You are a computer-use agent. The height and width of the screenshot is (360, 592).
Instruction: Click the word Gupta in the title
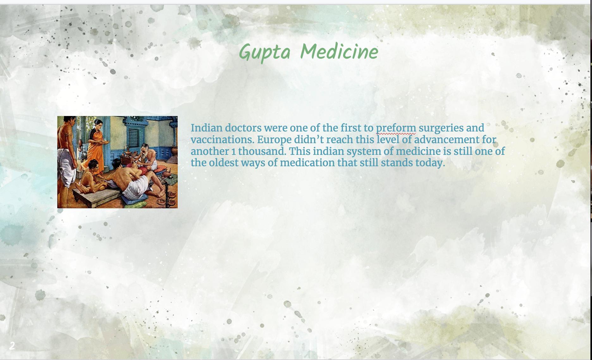tap(264, 52)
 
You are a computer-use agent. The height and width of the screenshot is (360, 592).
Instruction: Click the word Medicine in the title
tap(339, 51)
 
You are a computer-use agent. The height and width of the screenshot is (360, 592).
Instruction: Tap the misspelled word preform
tap(396, 128)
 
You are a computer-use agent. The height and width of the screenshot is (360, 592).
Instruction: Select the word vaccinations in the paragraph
tap(222, 140)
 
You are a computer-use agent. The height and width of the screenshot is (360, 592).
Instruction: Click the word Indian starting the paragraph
tap(207, 128)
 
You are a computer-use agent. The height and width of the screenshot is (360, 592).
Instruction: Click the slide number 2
tap(12, 346)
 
